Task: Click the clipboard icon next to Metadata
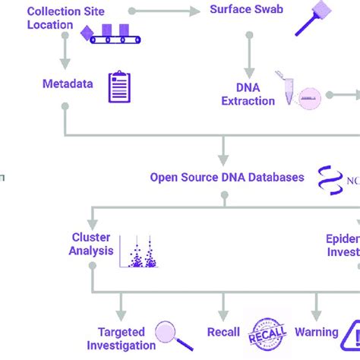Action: [119, 87]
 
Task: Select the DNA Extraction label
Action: [247, 94]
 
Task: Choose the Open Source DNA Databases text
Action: [227, 178]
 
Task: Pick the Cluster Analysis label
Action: [92, 244]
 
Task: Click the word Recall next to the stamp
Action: [223, 333]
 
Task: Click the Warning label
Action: [316, 332]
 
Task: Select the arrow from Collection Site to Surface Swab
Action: [163, 11]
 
